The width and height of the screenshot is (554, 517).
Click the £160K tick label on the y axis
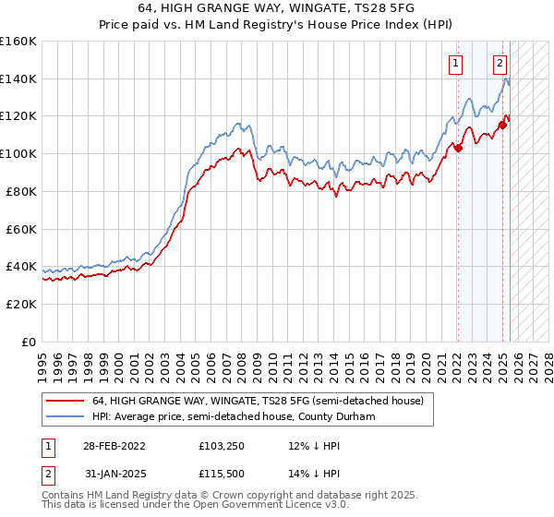click(18, 42)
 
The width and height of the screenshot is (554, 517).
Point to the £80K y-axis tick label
click(21, 191)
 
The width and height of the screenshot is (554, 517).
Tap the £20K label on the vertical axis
click(21, 304)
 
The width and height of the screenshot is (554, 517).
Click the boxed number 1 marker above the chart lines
click(456, 64)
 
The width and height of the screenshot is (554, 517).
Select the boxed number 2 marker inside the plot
click(500, 64)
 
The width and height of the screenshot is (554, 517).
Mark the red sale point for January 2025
click(502, 125)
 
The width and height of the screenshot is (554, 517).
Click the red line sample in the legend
click(65, 401)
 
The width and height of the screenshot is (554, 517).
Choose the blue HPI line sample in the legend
click(65, 416)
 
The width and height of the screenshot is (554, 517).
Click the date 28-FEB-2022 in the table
click(114, 445)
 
